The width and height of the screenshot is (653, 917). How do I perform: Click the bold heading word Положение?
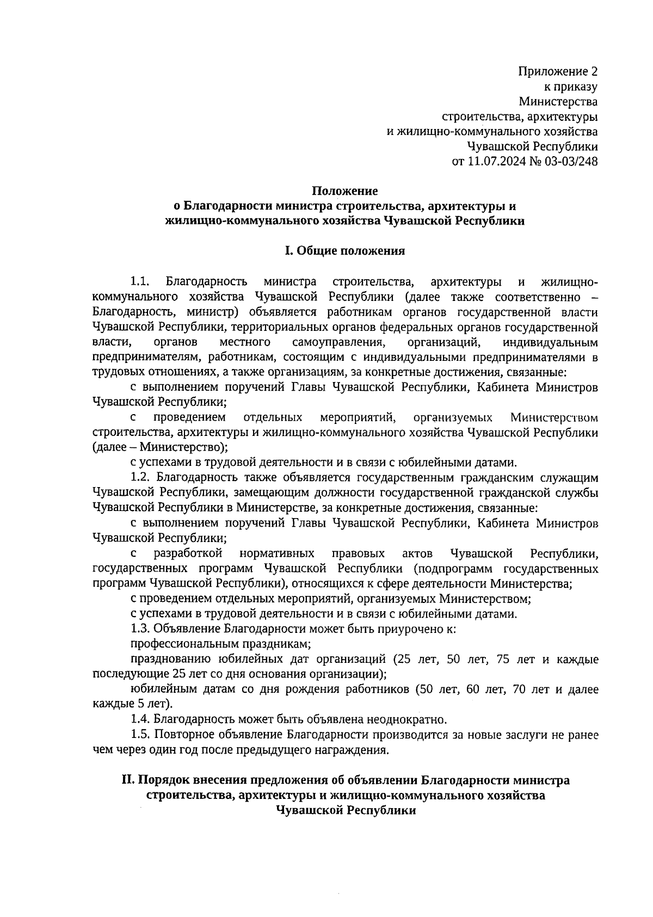click(x=344, y=191)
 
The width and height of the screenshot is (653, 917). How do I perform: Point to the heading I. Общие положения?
click(x=344, y=251)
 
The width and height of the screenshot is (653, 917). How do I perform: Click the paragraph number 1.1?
click(x=140, y=282)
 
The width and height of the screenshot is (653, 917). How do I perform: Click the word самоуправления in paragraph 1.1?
click(x=338, y=342)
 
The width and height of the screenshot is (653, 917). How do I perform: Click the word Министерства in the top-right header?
click(x=558, y=102)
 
